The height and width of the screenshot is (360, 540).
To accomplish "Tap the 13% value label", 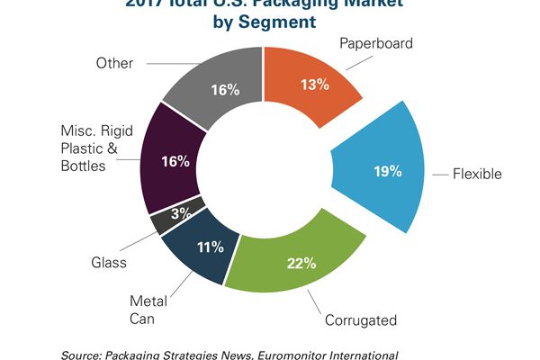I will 315,85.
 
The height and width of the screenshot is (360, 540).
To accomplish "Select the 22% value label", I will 301,264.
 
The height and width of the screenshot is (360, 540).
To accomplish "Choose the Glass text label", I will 108,263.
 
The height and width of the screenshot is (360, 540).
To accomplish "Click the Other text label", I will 114,63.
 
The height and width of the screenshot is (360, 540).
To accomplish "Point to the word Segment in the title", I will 280,21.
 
